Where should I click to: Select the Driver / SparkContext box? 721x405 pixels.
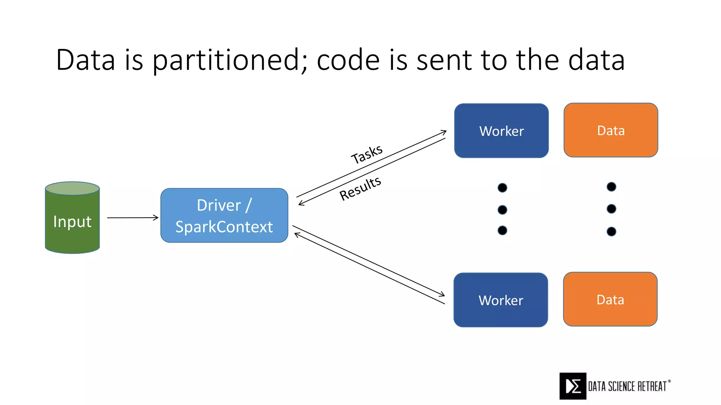pyautogui.click(x=224, y=215)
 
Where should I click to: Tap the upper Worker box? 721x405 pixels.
pyautogui.click(x=501, y=131)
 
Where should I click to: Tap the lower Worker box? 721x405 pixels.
pyautogui.click(x=501, y=300)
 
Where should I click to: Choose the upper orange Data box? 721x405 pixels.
pyautogui.click(x=611, y=130)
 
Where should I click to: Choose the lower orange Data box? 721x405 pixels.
pyautogui.click(x=610, y=299)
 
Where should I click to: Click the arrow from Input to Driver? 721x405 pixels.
pyautogui.click(x=133, y=218)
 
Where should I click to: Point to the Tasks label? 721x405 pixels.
pyautogui.click(x=367, y=154)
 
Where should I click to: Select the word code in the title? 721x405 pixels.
pyautogui.click(x=348, y=60)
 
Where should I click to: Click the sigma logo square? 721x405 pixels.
pyautogui.click(x=573, y=386)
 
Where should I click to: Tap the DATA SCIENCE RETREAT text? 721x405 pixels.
pyautogui.click(x=628, y=386)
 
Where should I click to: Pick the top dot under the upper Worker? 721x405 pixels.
pyautogui.click(x=502, y=187)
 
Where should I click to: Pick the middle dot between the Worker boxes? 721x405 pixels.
pyautogui.click(x=502, y=210)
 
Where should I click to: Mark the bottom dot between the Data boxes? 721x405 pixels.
pyautogui.click(x=612, y=231)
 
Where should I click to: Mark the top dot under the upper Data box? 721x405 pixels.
pyautogui.click(x=612, y=187)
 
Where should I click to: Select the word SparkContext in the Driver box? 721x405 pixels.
pyautogui.click(x=224, y=227)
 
